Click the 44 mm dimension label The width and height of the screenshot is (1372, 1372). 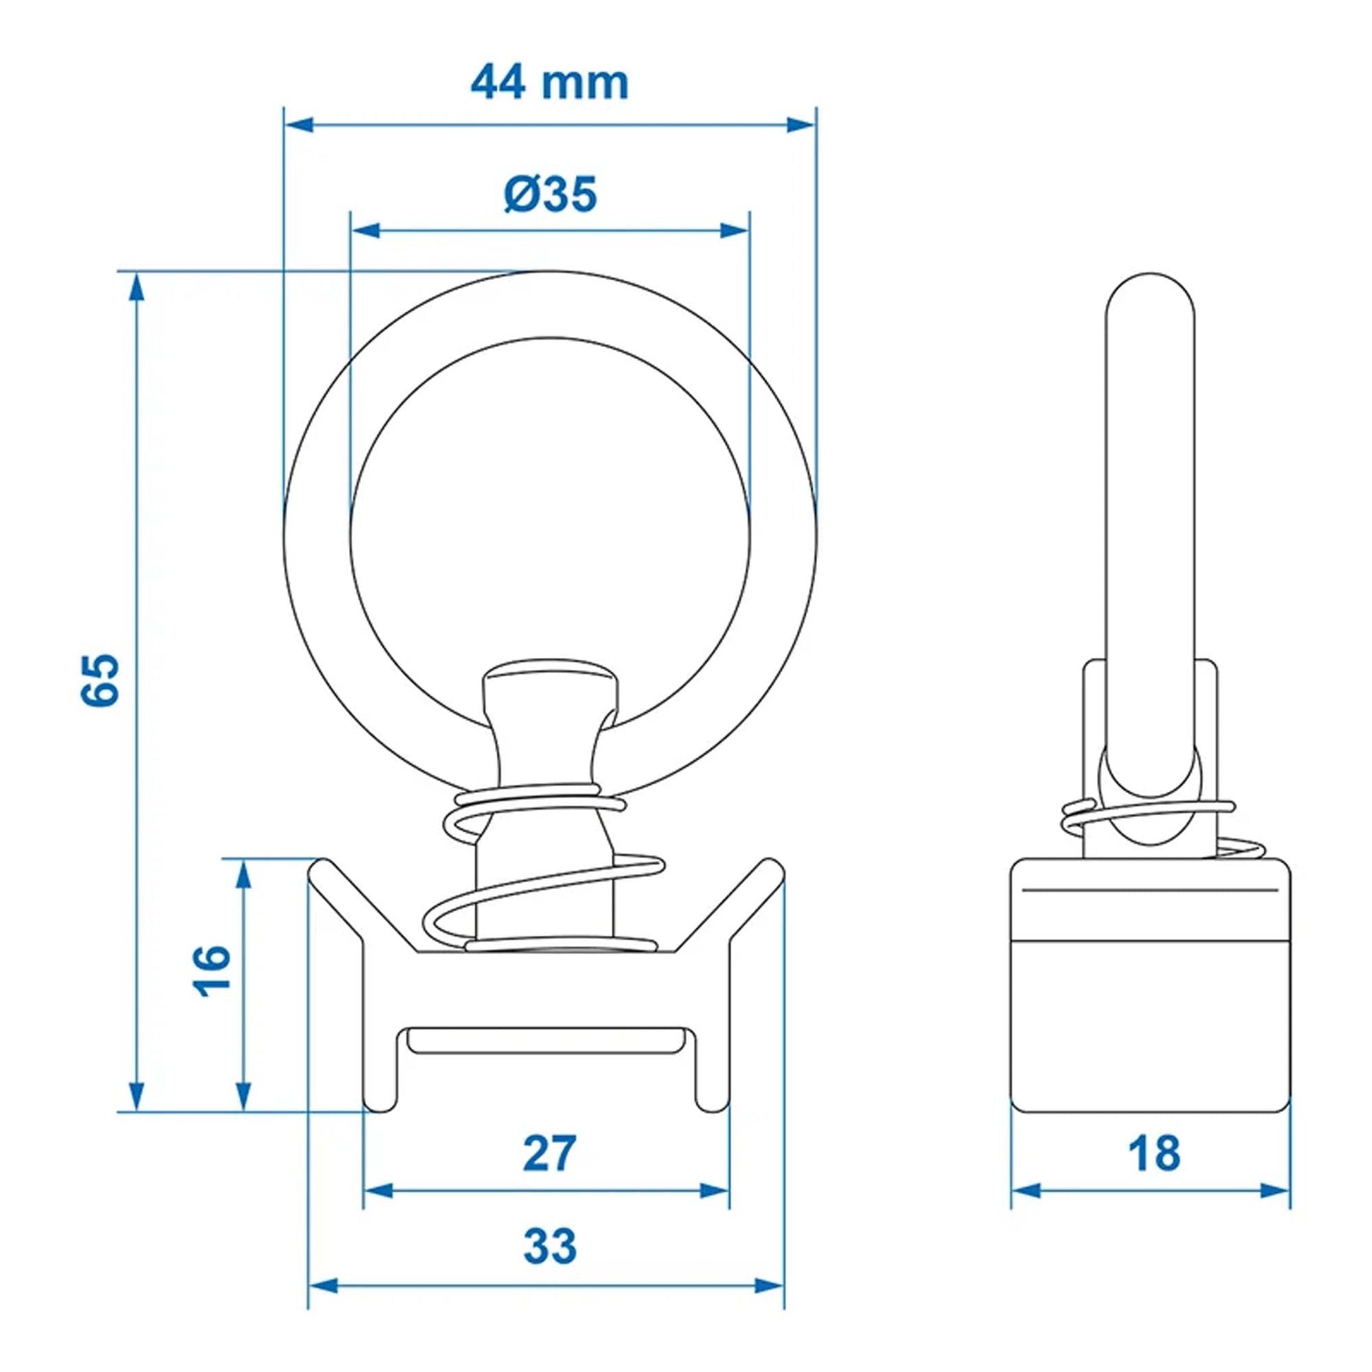[550, 83]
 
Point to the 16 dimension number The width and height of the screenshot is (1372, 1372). [211, 971]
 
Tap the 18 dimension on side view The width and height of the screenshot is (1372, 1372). [1154, 1174]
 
